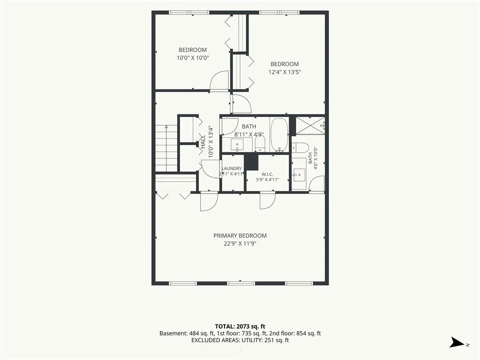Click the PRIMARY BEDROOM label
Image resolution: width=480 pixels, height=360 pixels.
point(240,236)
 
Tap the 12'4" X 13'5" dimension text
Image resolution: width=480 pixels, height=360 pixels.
point(285,72)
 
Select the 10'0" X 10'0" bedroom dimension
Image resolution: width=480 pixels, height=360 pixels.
point(193,58)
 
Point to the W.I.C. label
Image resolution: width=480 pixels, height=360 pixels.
point(267,174)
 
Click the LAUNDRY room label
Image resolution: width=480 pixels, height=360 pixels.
point(232,168)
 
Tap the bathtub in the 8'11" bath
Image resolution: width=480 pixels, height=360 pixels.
point(279,135)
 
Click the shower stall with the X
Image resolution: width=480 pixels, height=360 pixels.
point(310,126)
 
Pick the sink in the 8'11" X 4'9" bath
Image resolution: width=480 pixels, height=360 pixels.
point(237,145)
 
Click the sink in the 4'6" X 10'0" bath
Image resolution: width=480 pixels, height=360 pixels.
point(299,175)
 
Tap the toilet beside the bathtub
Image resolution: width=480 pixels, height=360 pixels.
point(260,143)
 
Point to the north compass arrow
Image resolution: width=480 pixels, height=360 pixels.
point(457,343)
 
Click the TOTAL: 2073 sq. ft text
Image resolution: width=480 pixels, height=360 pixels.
point(240,327)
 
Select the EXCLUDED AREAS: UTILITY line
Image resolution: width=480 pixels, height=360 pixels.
point(240,340)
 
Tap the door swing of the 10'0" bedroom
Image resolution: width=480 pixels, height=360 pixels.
point(219,81)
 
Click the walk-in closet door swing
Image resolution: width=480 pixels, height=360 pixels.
point(267,201)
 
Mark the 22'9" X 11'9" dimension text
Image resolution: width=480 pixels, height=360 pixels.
point(240,244)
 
